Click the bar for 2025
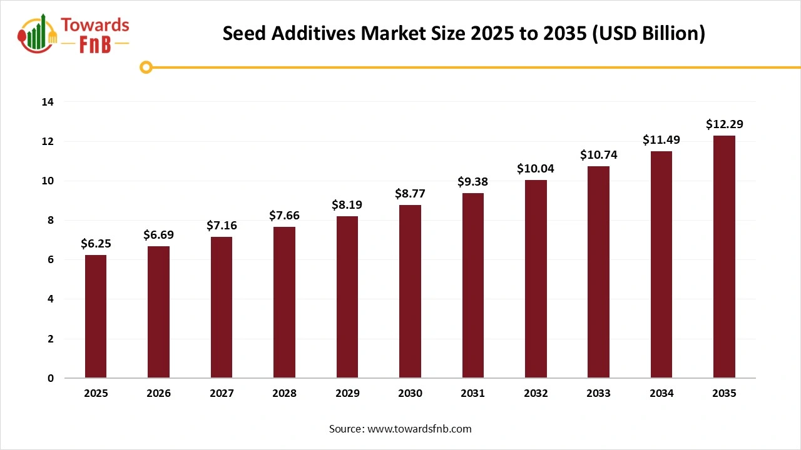pyautogui.click(x=96, y=316)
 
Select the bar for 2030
pyautogui.click(x=410, y=291)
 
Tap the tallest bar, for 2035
pyautogui.click(x=724, y=257)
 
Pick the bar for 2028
pyautogui.click(x=284, y=302)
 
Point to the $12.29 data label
pyautogui.click(x=725, y=124)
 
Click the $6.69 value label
pyautogui.click(x=159, y=235)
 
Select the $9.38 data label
pyautogui.click(x=473, y=182)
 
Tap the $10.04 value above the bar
pyautogui.click(x=536, y=169)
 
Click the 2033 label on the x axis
pyautogui.click(x=599, y=394)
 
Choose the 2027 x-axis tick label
pyautogui.click(x=222, y=394)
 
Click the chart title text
pyautogui.click(x=464, y=34)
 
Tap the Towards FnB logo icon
pyautogui.click(x=39, y=33)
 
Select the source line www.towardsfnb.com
pyautogui.click(x=400, y=429)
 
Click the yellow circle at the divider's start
pyautogui.click(x=146, y=67)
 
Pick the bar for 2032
pyautogui.click(x=536, y=279)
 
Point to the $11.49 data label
pyautogui.click(x=661, y=141)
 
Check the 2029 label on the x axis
pyautogui.click(x=347, y=394)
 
